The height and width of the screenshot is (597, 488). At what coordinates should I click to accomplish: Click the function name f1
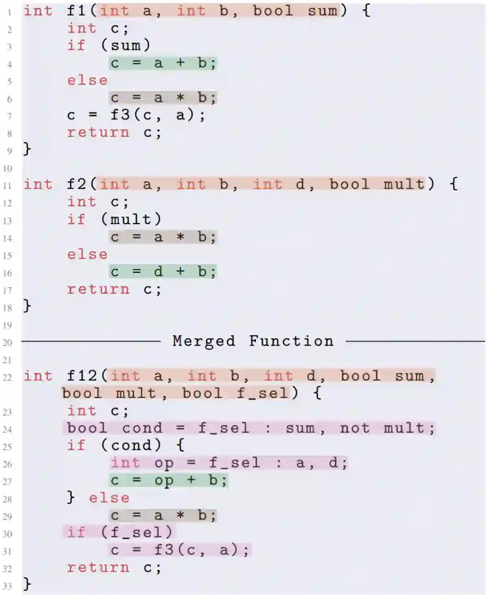[x=76, y=11]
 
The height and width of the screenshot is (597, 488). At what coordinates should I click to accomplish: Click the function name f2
[x=76, y=185]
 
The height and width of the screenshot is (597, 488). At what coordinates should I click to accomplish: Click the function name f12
[x=82, y=376]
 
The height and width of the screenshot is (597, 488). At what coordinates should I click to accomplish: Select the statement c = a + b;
[x=163, y=63]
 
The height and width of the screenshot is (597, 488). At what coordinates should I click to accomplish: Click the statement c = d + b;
[x=163, y=272]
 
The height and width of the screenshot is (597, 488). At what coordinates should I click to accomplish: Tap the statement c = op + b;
[x=168, y=481]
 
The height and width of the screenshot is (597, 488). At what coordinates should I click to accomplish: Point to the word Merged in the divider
[x=204, y=341]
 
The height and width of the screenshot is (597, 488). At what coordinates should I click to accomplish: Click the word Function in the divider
[x=291, y=341]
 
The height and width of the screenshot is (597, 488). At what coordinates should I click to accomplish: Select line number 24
[x=7, y=429]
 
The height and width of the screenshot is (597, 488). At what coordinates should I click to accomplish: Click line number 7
[x=9, y=116]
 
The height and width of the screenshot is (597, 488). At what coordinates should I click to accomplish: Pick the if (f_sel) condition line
[x=119, y=533]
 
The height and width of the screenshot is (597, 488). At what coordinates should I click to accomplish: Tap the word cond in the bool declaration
[x=142, y=428]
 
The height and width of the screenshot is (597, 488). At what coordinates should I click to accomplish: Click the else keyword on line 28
[x=109, y=498]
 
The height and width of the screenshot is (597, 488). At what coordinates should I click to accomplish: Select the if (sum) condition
[x=109, y=46]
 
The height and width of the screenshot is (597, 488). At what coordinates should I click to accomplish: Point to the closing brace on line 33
[x=27, y=584]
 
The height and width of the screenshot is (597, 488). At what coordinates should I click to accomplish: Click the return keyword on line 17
[x=98, y=289]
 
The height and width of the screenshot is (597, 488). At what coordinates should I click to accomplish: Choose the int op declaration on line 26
[x=229, y=463]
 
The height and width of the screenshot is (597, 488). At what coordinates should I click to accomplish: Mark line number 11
[x=7, y=186]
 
